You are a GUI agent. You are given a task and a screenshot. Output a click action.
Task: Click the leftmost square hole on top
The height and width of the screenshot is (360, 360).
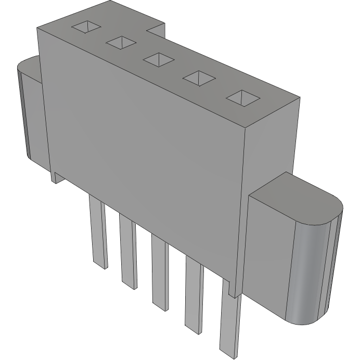point(85,27)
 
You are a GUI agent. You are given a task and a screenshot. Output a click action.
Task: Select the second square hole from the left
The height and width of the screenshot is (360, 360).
point(121,43)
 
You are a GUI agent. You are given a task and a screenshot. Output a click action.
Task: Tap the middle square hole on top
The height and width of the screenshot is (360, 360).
point(158,60)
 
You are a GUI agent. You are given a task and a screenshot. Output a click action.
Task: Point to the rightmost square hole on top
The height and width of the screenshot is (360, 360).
point(243,98)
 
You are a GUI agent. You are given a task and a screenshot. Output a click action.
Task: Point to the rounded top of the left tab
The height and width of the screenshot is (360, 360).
point(29,65)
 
